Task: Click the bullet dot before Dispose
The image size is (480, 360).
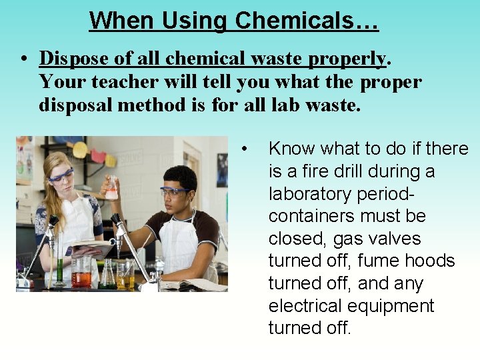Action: point(23,59)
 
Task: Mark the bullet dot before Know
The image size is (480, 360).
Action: point(246,148)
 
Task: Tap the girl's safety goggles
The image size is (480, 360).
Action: point(61,175)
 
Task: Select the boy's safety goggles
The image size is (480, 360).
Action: point(175,192)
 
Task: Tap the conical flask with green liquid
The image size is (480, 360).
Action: point(107,275)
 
